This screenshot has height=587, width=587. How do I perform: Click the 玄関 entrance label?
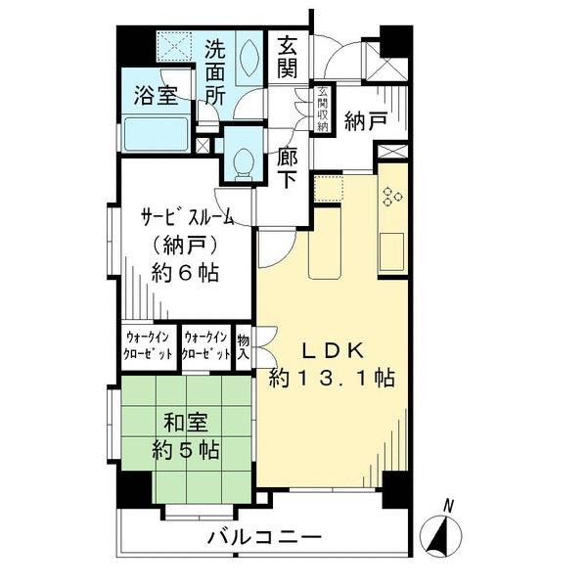tap(288, 59)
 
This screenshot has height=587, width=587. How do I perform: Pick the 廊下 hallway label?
tap(288, 168)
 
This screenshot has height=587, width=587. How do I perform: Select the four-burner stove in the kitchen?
tap(392, 196)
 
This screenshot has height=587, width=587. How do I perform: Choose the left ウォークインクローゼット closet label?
tap(150, 344)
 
